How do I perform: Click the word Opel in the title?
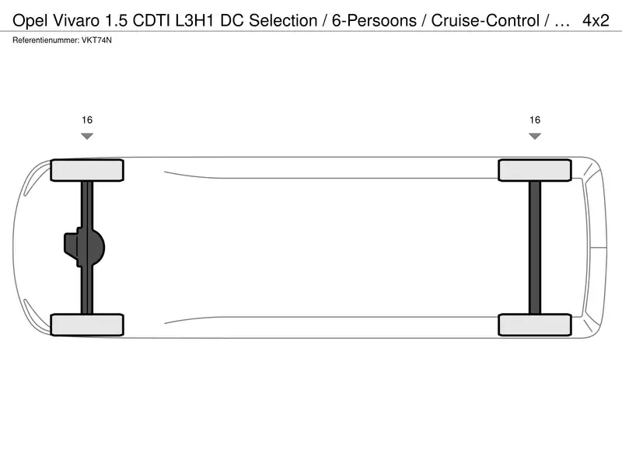[x=30, y=21]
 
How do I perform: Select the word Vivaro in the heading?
[x=75, y=21]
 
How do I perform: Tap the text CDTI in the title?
[x=152, y=21]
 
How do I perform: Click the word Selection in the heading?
[x=283, y=21]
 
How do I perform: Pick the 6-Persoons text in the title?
[x=374, y=21]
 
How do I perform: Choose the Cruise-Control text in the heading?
[x=485, y=21]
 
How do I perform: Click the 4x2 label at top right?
[x=596, y=21]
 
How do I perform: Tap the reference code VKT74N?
[x=96, y=40]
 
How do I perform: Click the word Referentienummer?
[x=45, y=40]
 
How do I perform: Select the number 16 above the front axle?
[x=87, y=120]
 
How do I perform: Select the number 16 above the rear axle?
[x=535, y=120]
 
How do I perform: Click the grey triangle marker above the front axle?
[x=87, y=136]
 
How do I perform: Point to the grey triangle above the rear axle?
[x=535, y=136]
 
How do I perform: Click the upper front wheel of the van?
[x=87, y=170]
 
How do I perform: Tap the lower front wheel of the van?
[x=87, y=325]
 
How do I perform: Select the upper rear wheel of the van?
[x=535, y=170]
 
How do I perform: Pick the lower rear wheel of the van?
[x=535, y=325]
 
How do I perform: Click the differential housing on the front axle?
[x=84, y=247]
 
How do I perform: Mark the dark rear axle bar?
[x=535, y=248]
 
